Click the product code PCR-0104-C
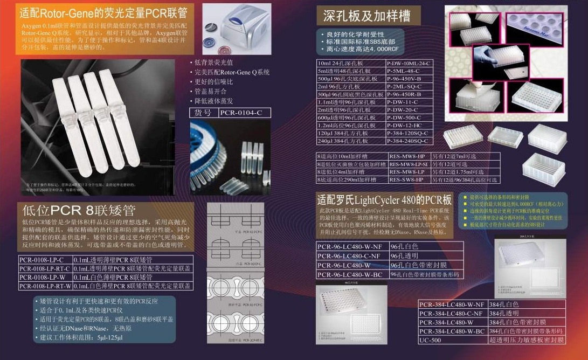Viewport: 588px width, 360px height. point(244,113)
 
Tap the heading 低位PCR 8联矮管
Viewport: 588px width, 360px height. point(79,210)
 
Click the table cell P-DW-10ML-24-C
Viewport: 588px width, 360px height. point(409,63)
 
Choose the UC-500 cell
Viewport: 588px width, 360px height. point(453,340)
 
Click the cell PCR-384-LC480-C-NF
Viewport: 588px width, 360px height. point(453,313)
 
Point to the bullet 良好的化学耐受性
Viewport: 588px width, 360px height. point(356,33)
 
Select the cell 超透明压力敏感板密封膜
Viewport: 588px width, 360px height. point(525,340)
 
